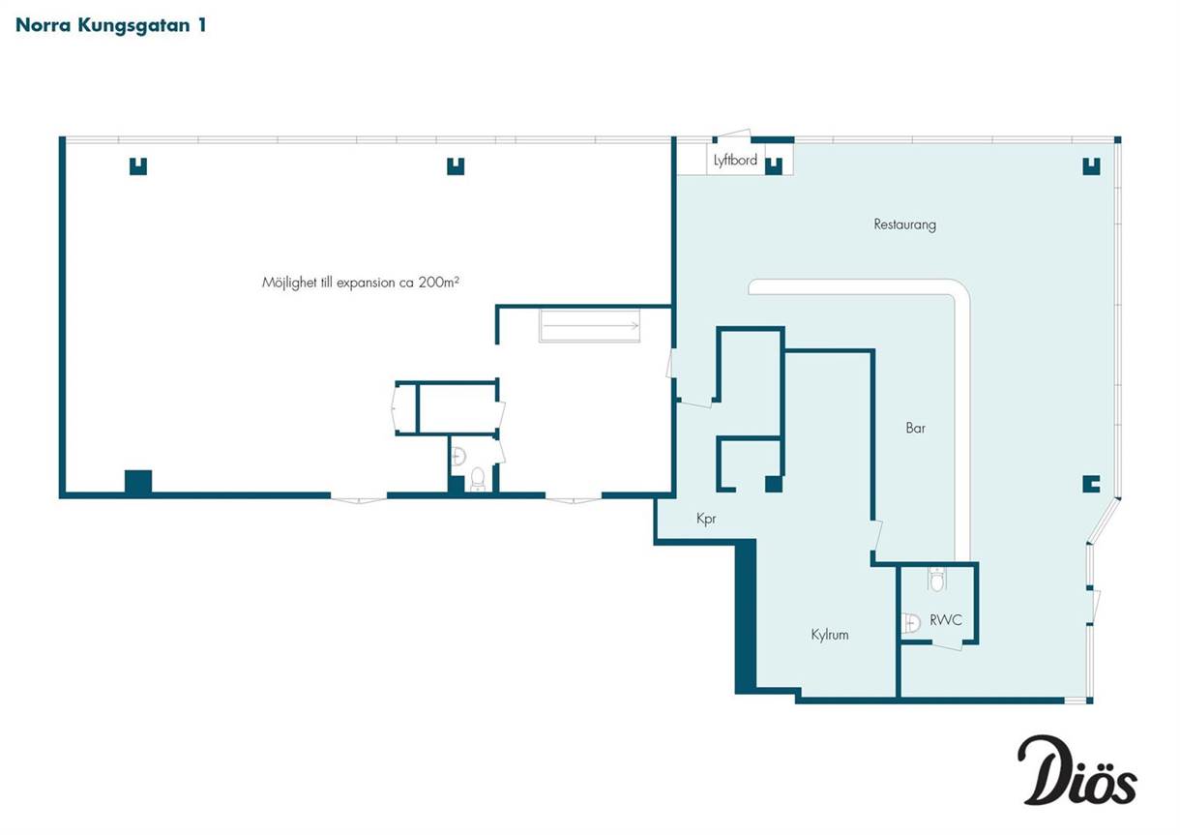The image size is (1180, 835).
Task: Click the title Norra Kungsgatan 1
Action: [x=111, y=26]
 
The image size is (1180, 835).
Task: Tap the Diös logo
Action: [x=1077, y=778]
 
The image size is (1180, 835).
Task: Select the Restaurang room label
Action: [x=904, y=224]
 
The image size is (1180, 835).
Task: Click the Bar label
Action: [x=916, y=428]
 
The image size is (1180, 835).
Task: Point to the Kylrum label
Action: [x=830, y=635]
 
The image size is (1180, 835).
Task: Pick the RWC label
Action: [x=946, y=620]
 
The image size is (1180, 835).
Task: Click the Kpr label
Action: [x=706, y=519]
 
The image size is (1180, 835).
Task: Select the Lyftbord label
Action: [x=735, y=160]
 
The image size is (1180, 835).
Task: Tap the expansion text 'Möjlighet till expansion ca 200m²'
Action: [x=361, y=283]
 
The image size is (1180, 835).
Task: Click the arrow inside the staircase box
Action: [x=591, y=325]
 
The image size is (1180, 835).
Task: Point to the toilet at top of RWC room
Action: [x=936, y=579]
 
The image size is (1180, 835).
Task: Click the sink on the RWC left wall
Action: [x=910, y=622]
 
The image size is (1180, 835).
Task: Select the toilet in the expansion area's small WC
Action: [x=477, y=479]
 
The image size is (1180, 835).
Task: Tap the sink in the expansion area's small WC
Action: [x=458, y=455]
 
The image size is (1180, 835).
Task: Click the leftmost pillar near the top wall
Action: [x=138, y=166]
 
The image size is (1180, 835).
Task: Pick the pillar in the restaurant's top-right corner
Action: [x=1091, y=166]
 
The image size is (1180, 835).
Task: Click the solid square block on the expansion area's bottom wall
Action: [x=138, y=482]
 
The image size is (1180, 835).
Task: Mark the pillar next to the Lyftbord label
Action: [x=774, y=166]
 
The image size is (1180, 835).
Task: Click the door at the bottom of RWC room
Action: [x=947, y=645]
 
